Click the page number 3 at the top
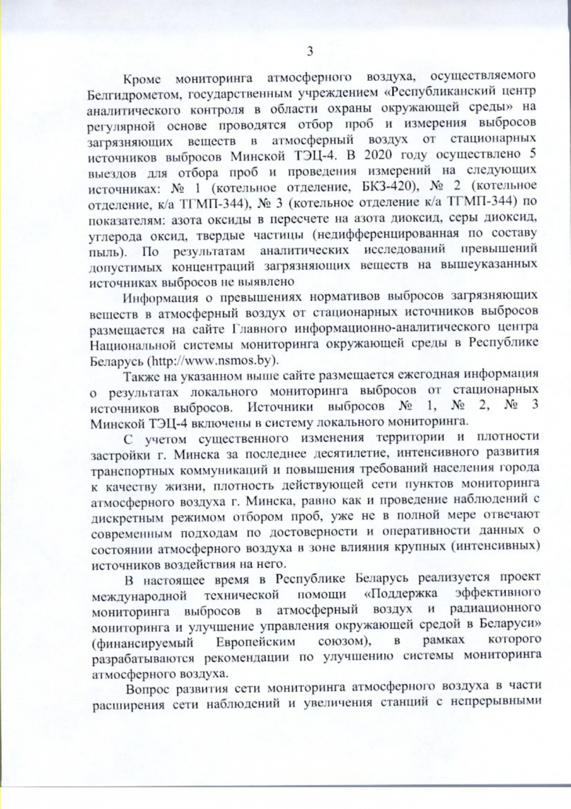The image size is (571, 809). coord(310,51)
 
